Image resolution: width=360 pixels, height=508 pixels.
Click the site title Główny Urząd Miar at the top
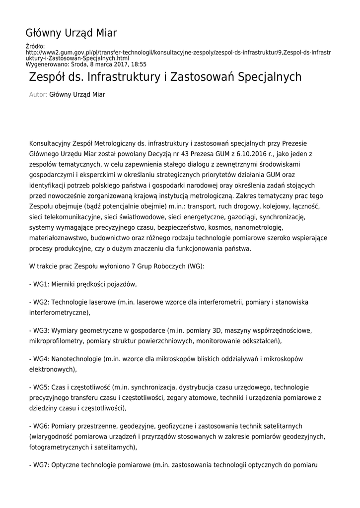pos(71,33)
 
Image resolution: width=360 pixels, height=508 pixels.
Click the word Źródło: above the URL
pos(35,47)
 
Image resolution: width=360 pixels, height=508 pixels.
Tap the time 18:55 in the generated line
pos(139,64)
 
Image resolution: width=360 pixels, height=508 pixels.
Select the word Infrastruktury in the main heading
pos(130,77)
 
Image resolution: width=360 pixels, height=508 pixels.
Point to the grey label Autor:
pos(38,94)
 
